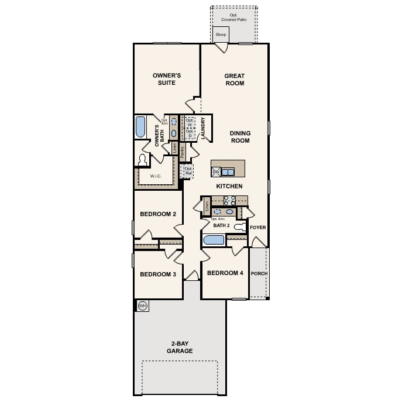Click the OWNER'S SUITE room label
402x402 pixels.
click(167, 80)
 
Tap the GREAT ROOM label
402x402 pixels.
click(234, 80)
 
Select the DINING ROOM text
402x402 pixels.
click(240, 137)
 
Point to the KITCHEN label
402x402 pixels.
click(229, 186)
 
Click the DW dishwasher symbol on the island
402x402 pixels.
click(215, 171)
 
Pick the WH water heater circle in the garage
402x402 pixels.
click(142, 305)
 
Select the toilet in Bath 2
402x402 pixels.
click(240, 226)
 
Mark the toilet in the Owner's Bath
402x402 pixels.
click(142, 160)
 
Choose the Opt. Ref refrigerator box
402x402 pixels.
click(188, 171)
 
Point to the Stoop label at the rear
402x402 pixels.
click(221, 35)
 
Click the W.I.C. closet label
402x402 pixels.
click(156, 176)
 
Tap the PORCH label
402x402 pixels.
click(259, 273)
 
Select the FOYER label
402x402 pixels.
click(258, 227)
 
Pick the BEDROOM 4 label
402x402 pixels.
click(225, 273)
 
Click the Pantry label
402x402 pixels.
click(183, 152)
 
